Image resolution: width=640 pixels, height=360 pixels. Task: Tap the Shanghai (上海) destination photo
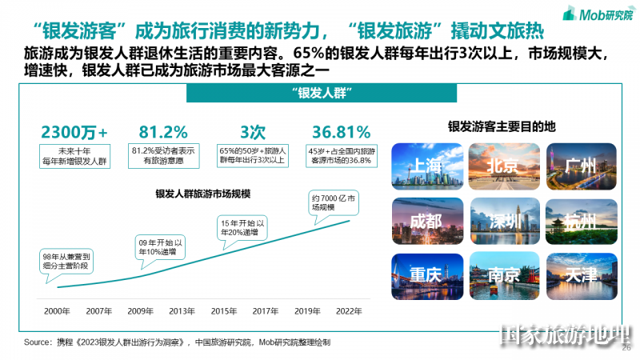[x=427, y=166]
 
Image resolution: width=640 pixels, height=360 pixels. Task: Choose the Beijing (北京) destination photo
[x=505, y=166]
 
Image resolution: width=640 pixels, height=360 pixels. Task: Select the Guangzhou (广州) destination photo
[x=582, y=166]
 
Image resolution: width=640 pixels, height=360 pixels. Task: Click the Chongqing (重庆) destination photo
[x=427, y=275]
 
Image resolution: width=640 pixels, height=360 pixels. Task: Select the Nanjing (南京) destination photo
[x=505, y=275]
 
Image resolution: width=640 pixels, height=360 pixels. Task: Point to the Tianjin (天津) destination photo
[x=582, y=275]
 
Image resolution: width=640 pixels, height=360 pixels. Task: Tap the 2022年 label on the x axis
[x=349, y=310]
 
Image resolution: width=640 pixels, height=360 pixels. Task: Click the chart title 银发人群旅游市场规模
[x=202, y=193]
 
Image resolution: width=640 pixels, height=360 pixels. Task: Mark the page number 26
[x=626, y=348]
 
